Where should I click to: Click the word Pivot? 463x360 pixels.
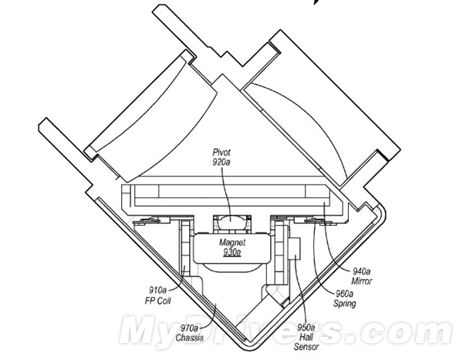[221, 153]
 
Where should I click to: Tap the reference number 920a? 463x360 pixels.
[221, 162]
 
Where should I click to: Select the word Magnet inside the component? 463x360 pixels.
[232, 243]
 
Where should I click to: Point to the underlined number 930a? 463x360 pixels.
[232, 252]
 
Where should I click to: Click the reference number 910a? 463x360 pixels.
[158, 291]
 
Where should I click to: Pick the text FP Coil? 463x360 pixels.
[157, 301]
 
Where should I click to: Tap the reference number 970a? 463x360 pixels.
[190, 328]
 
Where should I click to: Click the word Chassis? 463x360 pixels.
[190, 338]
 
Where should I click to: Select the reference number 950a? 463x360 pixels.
[306, 328]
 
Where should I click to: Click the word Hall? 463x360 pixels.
[306, 337]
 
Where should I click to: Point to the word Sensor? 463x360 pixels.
[306, 347]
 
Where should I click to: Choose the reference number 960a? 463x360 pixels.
[344, 294]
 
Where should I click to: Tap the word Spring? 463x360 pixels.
[345, 304]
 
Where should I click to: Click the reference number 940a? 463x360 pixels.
[362, 271]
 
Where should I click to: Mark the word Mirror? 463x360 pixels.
[362, 281]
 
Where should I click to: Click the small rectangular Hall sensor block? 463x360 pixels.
[296, 249]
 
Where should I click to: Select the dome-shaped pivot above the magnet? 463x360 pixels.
[231, 220]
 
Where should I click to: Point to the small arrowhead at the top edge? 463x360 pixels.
[316, 2]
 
